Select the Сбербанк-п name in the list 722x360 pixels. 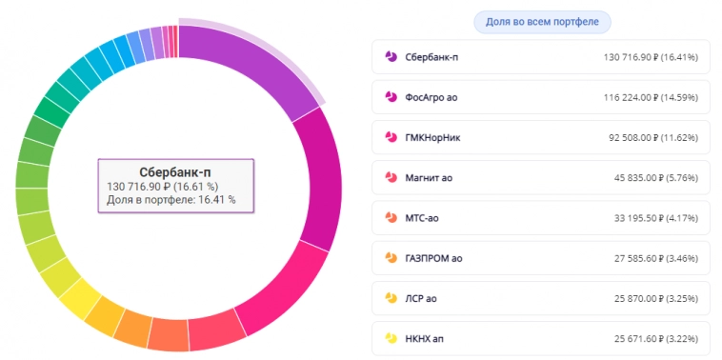point(431,57)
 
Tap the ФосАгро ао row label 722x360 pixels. point(431,97)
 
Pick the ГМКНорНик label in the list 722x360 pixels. point(433,137)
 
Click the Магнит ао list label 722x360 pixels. point(429,177)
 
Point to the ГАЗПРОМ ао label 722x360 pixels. point(433,257)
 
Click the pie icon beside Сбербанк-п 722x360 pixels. point(391,57)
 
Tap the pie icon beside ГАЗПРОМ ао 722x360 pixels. point(391,257)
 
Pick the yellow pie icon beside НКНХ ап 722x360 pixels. point(391,337)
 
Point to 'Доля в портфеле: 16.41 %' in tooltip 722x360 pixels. point(171,200)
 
